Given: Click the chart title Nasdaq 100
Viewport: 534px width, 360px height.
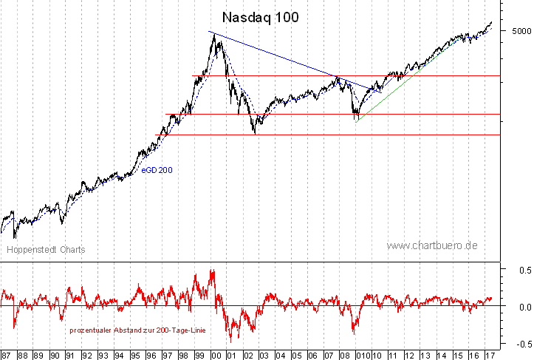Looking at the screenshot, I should pyautogui.click(x=261, y=17).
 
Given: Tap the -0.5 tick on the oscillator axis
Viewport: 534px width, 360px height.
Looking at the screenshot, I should pyautogui.click(x=521, y=343).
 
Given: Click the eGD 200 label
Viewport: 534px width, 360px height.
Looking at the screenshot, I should pyautogui.click(x=157, y=171).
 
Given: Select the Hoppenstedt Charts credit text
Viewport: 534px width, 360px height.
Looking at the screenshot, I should pyautogui.click(x=46, y=250).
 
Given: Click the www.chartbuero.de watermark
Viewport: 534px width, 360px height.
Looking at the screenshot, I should pyautogui.click(x=432, y=245).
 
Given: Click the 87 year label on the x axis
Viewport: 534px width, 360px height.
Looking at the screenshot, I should pyautogui.click(x=7, y=355).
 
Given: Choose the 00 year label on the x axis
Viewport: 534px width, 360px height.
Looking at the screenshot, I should pyautogui.click(x=215, y=355).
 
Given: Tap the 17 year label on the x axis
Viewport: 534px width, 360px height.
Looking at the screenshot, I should pyautogui.click(x=488, y=355).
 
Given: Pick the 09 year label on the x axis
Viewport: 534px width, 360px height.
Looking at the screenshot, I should pyautogui.click(x=360, y=355).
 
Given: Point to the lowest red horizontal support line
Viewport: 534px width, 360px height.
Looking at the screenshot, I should pyautogui.click(x=332, y=135).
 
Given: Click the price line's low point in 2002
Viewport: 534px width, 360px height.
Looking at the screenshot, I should pyautogui.click(x=255, y=133).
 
